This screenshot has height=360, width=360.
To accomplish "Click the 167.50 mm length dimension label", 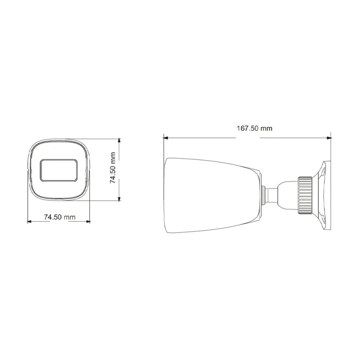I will click(x=254, y=128).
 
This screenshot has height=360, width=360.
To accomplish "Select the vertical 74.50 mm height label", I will click(x=113, y=167).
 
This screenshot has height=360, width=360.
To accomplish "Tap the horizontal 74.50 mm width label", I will click(x=60, y=217).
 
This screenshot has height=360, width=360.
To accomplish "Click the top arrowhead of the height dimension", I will click(x=119, y=140).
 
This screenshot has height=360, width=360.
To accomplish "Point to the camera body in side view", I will click(x=211, y=194).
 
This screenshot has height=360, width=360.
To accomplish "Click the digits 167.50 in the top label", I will click(x=248, y=128).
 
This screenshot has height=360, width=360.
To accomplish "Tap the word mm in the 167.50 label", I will click(x=266, y=128).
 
